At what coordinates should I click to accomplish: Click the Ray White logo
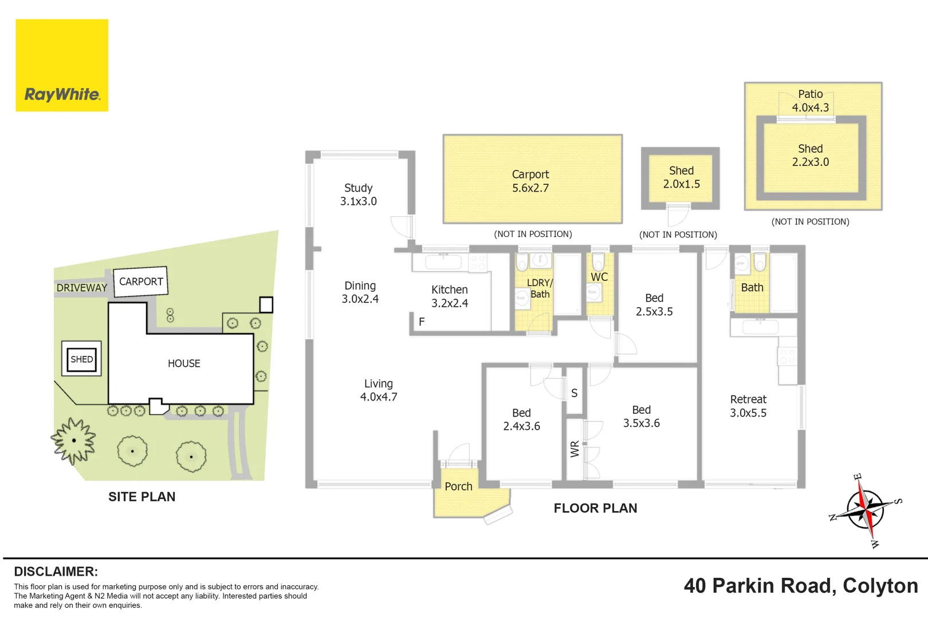tap(62, 65)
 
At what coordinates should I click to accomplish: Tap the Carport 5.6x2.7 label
tap(530, 181)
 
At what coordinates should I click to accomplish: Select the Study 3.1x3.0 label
tap(359, 195)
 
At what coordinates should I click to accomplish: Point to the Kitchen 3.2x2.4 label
tap(450, 296)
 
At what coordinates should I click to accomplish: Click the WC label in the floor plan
tap(599, 277)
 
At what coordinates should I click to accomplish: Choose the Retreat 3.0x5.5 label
tap(748, 406)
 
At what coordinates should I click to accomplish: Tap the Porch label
tap(458, 486)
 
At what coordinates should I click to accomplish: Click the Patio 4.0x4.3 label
tap(811, 101)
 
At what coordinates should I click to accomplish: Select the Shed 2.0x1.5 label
tap(682, 177)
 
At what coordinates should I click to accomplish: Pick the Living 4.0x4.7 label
tap(379, 390)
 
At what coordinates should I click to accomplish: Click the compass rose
tap(866, 510)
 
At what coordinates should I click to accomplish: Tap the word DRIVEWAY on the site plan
tap(81, 288)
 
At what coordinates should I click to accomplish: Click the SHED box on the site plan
tap(81, 359)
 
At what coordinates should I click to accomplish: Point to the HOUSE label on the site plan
tap(184, 363)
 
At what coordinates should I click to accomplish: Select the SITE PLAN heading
tap(141, 497)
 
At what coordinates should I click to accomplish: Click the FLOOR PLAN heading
tap(595, 508)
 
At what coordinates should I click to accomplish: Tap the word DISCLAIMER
tap(56, 572)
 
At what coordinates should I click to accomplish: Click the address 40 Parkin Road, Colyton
tap(801, 586)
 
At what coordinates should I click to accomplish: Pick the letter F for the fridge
tap(422, 322)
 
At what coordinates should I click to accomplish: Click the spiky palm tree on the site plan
tap(73, 441)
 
